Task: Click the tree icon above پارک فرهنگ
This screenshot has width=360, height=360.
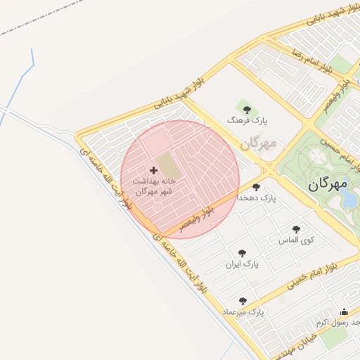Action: (x=246, y=108)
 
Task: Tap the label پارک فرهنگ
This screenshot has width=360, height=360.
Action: (x=244, y=121)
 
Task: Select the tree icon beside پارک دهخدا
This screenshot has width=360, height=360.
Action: (x=256, y=188)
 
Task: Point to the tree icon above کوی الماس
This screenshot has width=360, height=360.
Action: (x=296, y=229)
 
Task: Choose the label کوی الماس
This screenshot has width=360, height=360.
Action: (x=297, y=240)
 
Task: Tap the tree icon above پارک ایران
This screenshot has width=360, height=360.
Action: (x=243, y=253)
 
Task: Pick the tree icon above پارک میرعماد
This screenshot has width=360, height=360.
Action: (x=243, y=301)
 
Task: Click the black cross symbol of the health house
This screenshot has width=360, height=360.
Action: (x=154, y=170)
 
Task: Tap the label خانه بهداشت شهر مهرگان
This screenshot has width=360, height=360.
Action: (x=153, y=186)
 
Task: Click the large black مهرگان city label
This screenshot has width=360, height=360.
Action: (x=328, y=184)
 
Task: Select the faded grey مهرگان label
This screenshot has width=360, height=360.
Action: (x=258, y=143)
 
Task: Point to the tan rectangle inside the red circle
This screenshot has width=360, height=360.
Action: (x=167, y=167)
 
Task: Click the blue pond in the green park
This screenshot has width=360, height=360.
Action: (x=349, y=200)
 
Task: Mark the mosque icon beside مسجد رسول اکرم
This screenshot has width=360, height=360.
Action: (x=345, y=312)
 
